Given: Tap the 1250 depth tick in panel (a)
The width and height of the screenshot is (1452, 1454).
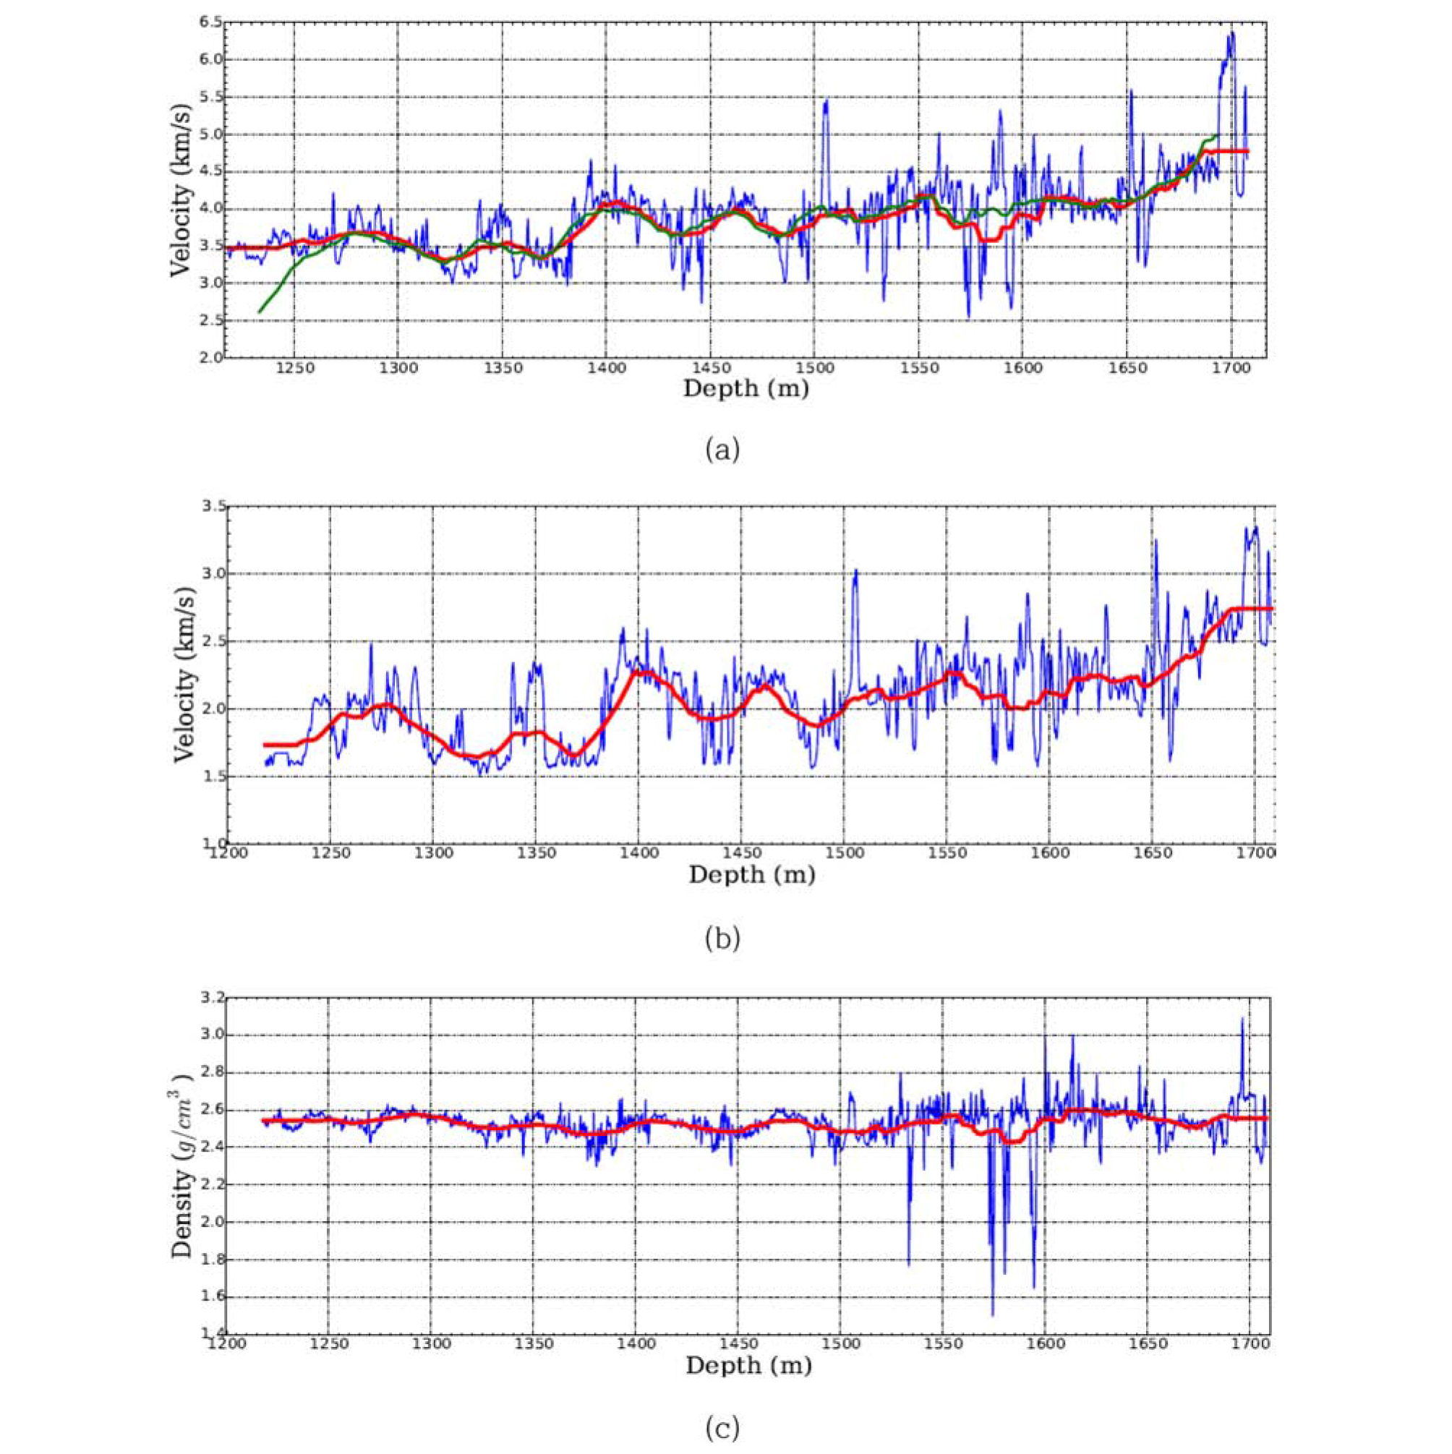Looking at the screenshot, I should click(294, 369).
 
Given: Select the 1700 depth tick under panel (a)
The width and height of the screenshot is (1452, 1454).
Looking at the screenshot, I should click(1231, 369).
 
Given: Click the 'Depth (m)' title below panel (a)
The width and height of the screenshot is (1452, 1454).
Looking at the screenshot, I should click(746, 388).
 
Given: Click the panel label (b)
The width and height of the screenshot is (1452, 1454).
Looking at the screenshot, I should click(722, 938).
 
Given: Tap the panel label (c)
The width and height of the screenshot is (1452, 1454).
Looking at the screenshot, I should click(722, 1428).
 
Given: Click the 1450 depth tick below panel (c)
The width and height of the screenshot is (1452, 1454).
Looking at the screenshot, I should click(737, 1344).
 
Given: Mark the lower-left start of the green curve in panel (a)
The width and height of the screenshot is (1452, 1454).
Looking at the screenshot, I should click(260, 312).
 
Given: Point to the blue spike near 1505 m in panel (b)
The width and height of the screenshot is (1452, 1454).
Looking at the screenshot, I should click(855, 570).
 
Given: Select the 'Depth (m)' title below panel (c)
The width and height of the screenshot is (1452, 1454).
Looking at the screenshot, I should click(748, 1365).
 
